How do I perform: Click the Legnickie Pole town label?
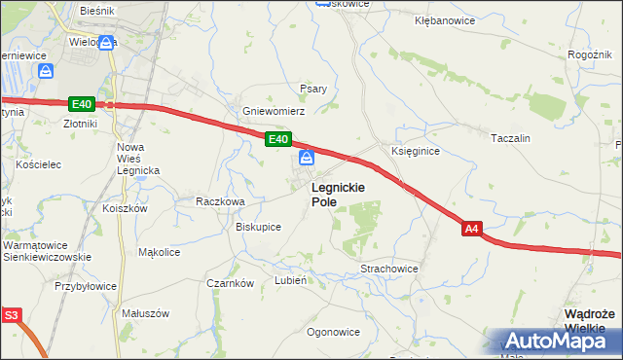(x=338, y=194)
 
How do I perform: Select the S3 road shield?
(x=11, y=315)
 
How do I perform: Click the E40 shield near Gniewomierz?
(x=277, y=140)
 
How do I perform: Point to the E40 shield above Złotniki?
(x=81, y=104)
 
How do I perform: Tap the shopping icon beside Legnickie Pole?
(x=306, y=157)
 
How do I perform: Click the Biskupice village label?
(x=259, y=227)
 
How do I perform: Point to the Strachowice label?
(x=388, y=269)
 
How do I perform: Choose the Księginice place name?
(x=416, y=152)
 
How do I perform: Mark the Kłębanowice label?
(x=444, y=19)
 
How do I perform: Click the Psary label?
(x=313, y=89)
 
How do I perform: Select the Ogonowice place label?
(x=333, y=332)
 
